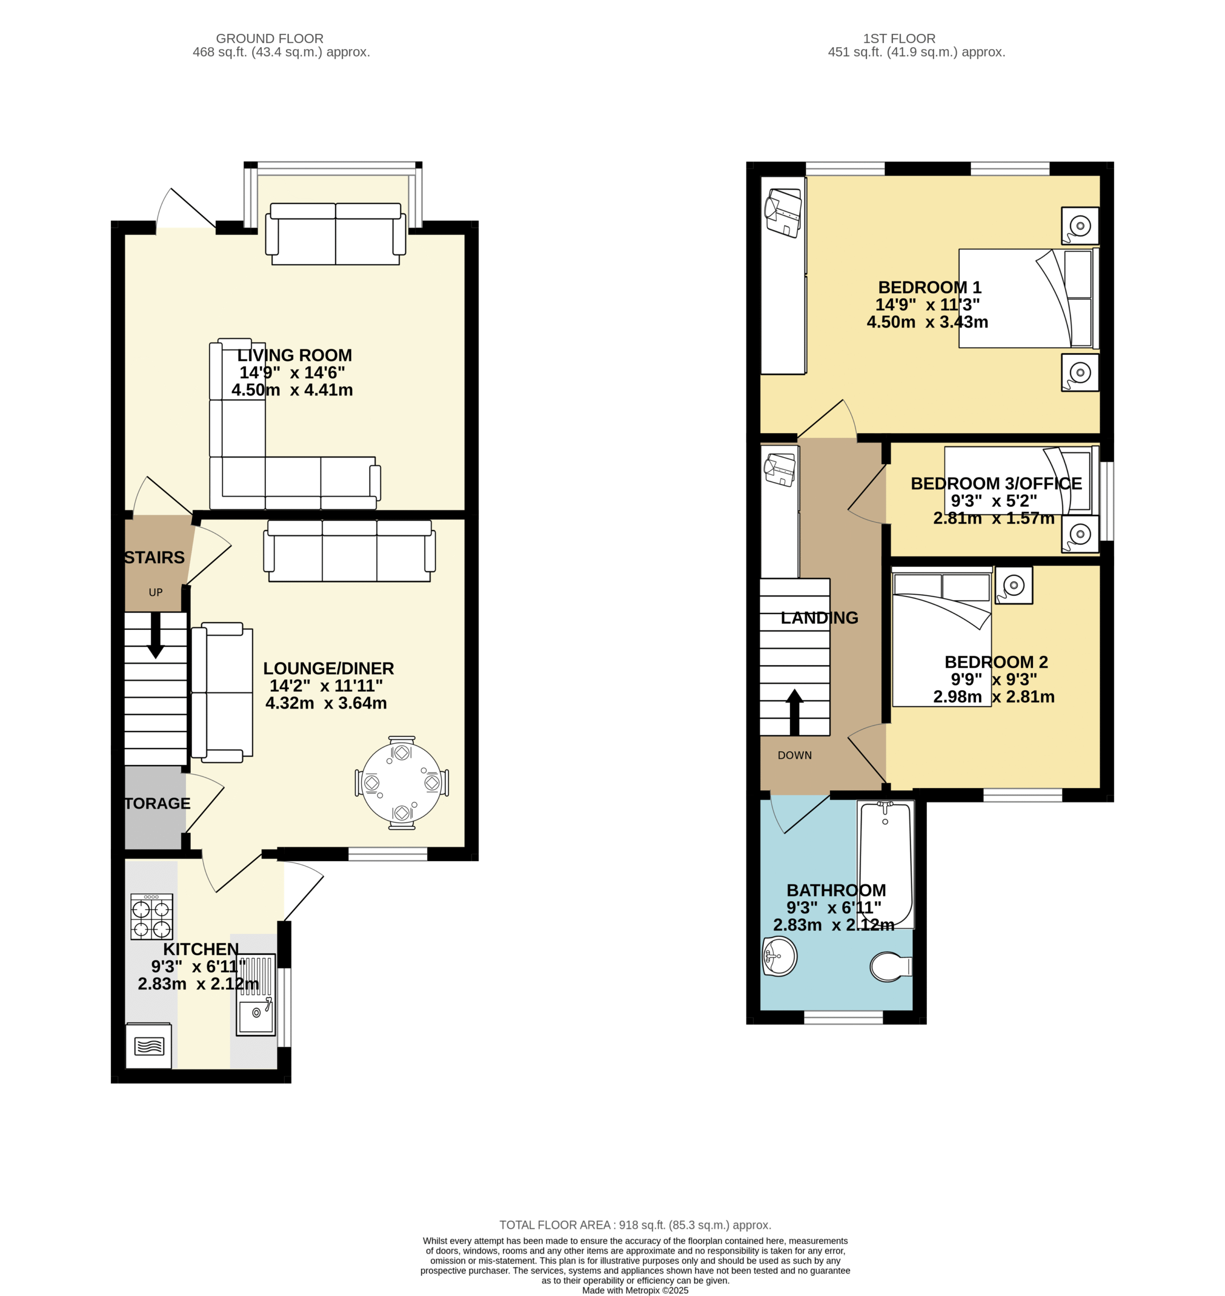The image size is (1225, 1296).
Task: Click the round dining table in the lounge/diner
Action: click(x=402, y=782)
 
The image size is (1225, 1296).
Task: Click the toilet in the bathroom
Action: click(x=891, y=966)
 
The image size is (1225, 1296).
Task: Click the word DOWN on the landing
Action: click(x=795, y=755)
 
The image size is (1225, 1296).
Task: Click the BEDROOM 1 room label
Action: click(x=929, y=287)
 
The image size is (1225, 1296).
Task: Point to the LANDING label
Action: click(x=819, y=618)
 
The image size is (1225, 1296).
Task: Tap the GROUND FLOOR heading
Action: click(x=270, y=38)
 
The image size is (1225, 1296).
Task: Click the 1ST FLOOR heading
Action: click(x=899, y=38)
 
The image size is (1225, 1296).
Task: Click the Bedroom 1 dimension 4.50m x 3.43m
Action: click(x=927, y=322)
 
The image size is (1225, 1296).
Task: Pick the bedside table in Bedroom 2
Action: click(x=1013, y=585)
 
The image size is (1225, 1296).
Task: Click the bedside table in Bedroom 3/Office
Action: click(x=1080, y=534)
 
